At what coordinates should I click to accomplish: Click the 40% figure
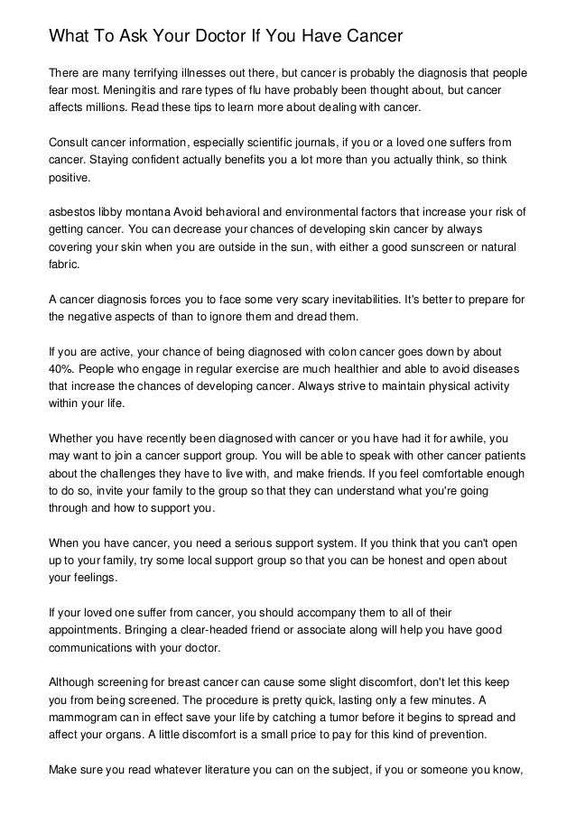(62, 368)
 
